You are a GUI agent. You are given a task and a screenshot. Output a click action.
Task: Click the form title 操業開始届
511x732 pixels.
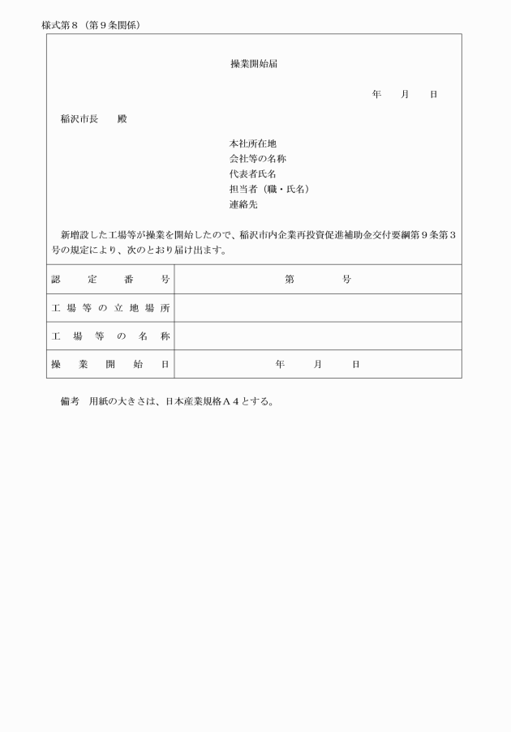pos(254,64)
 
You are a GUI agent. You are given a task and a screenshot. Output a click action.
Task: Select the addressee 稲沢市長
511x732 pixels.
pos(79,119)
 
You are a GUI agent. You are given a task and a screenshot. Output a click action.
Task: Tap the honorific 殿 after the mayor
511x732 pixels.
pos(122,119)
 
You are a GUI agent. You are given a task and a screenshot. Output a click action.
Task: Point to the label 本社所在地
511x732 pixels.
pos(253,143)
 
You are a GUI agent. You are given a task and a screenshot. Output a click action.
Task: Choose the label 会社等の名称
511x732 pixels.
pos(258,159)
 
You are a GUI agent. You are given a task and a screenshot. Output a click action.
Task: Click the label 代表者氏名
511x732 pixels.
pos(253,174)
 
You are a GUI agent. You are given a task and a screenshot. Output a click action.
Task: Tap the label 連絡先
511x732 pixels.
pos(243,205)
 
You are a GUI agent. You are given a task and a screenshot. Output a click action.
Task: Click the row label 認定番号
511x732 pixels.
pos(110,280)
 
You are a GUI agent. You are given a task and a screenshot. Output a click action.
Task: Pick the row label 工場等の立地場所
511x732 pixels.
pos(110,308)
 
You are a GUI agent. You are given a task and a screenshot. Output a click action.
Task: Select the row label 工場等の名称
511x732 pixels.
pos(110,336)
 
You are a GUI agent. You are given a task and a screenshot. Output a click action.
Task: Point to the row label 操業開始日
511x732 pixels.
pos(110,365)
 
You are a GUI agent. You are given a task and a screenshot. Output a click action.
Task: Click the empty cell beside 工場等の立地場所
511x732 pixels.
pos(317,308)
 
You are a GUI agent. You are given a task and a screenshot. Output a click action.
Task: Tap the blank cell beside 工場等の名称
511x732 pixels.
pos(317,336)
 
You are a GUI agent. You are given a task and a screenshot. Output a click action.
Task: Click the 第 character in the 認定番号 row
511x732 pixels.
pos(290,280)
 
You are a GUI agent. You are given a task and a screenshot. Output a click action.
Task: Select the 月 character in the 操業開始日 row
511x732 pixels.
pos(318,365)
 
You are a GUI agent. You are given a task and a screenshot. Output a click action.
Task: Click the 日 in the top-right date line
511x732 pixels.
pos(433,95)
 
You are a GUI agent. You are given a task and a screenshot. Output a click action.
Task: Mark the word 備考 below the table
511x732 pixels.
pos(70,401)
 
